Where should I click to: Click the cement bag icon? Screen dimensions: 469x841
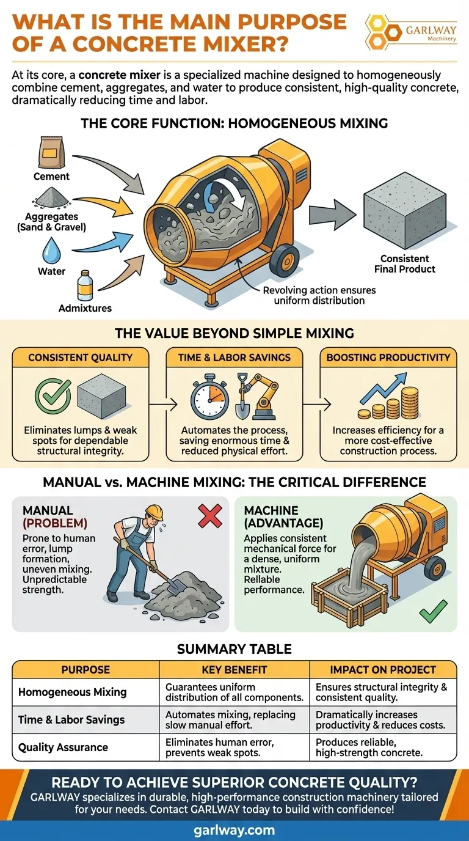tap(51, 152)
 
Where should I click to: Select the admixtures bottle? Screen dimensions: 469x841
tap(85, 285)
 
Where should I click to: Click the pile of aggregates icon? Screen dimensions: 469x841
tap(52, 197)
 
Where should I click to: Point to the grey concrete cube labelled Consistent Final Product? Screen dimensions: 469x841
tap(405, 210)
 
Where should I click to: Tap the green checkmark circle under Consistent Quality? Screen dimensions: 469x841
tap(53, 396)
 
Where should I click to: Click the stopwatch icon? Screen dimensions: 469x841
tap(209, 396)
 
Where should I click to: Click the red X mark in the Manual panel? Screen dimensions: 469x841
tap(209, 516)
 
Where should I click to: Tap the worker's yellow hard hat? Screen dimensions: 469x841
tap(155, 512)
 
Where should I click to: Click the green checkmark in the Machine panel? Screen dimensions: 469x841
tap(434, 611)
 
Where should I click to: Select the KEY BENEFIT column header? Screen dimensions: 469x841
tap(234, 670)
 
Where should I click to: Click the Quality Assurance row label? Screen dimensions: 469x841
tap(63, 747)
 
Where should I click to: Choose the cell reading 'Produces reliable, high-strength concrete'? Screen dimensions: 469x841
tap(369, 747)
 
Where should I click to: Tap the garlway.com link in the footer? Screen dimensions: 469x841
tap(234, 829)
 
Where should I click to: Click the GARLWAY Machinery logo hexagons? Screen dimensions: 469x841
tap(382, 32)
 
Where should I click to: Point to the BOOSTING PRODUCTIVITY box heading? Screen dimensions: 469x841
tap(388, 357)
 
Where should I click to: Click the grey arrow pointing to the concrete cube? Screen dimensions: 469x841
tap(332, 215)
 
